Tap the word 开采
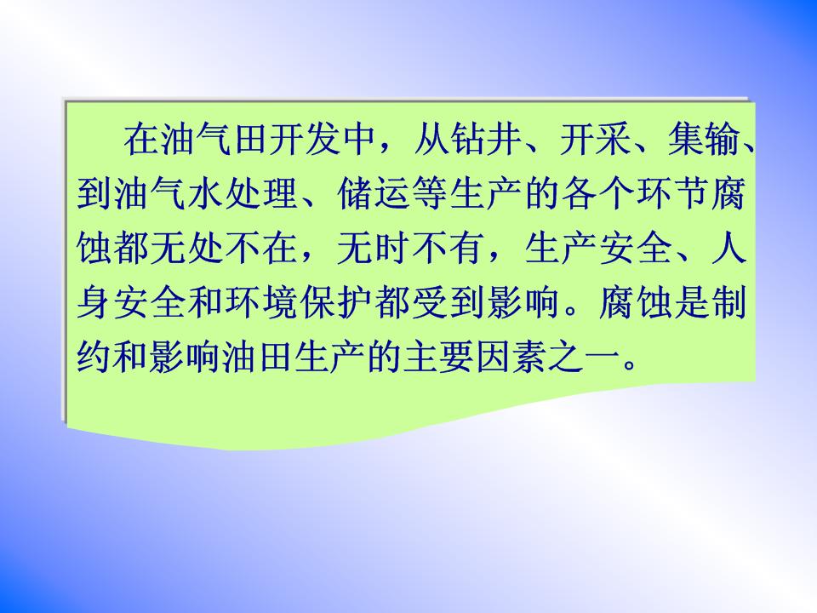[596, 140]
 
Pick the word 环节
[672, 194]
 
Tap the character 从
[432, 140]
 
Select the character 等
[430, 194]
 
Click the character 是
[692, 302]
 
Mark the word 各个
[598, 194]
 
